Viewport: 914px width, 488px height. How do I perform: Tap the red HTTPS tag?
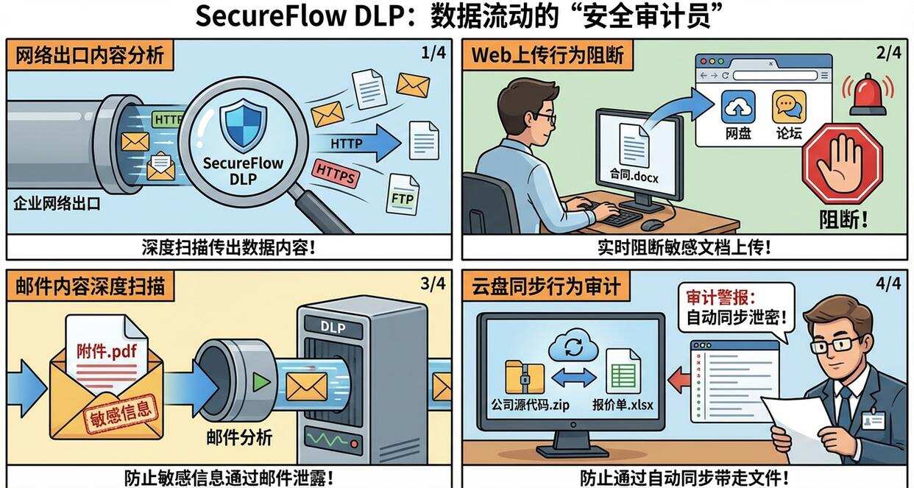tap(336, 174)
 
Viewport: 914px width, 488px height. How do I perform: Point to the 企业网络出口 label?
tap(57, 204)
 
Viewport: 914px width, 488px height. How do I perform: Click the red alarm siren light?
tap(868, 96)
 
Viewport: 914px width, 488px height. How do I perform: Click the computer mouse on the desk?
tap(652, 224)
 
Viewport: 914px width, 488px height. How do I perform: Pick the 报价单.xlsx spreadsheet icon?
tap(623, 372)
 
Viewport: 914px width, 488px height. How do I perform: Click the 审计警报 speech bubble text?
tap(735, 308)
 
